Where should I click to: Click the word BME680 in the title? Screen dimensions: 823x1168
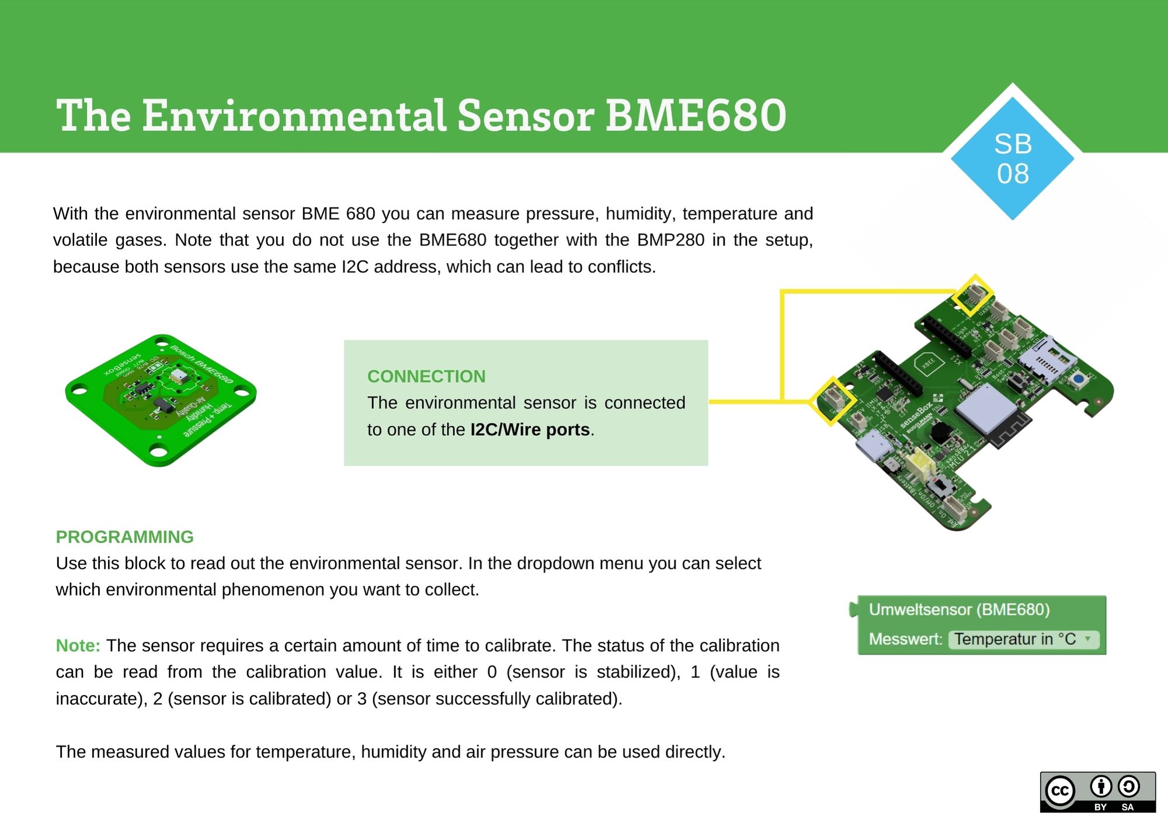[695, 115]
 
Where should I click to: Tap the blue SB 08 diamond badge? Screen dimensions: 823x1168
[1013, 158]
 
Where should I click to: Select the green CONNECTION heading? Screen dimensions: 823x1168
[426, 376]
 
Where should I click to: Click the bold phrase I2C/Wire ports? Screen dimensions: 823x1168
[530, 429]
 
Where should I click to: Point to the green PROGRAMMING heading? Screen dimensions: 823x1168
[124, 537]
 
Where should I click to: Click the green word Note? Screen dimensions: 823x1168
[78, 645]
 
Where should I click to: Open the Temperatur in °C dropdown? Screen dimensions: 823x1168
[1023, 639]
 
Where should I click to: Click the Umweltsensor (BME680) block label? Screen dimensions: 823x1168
[959, 609]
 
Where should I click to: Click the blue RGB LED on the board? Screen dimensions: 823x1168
[1078, 379]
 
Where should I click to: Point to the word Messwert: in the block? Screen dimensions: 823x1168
[905, 639]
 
